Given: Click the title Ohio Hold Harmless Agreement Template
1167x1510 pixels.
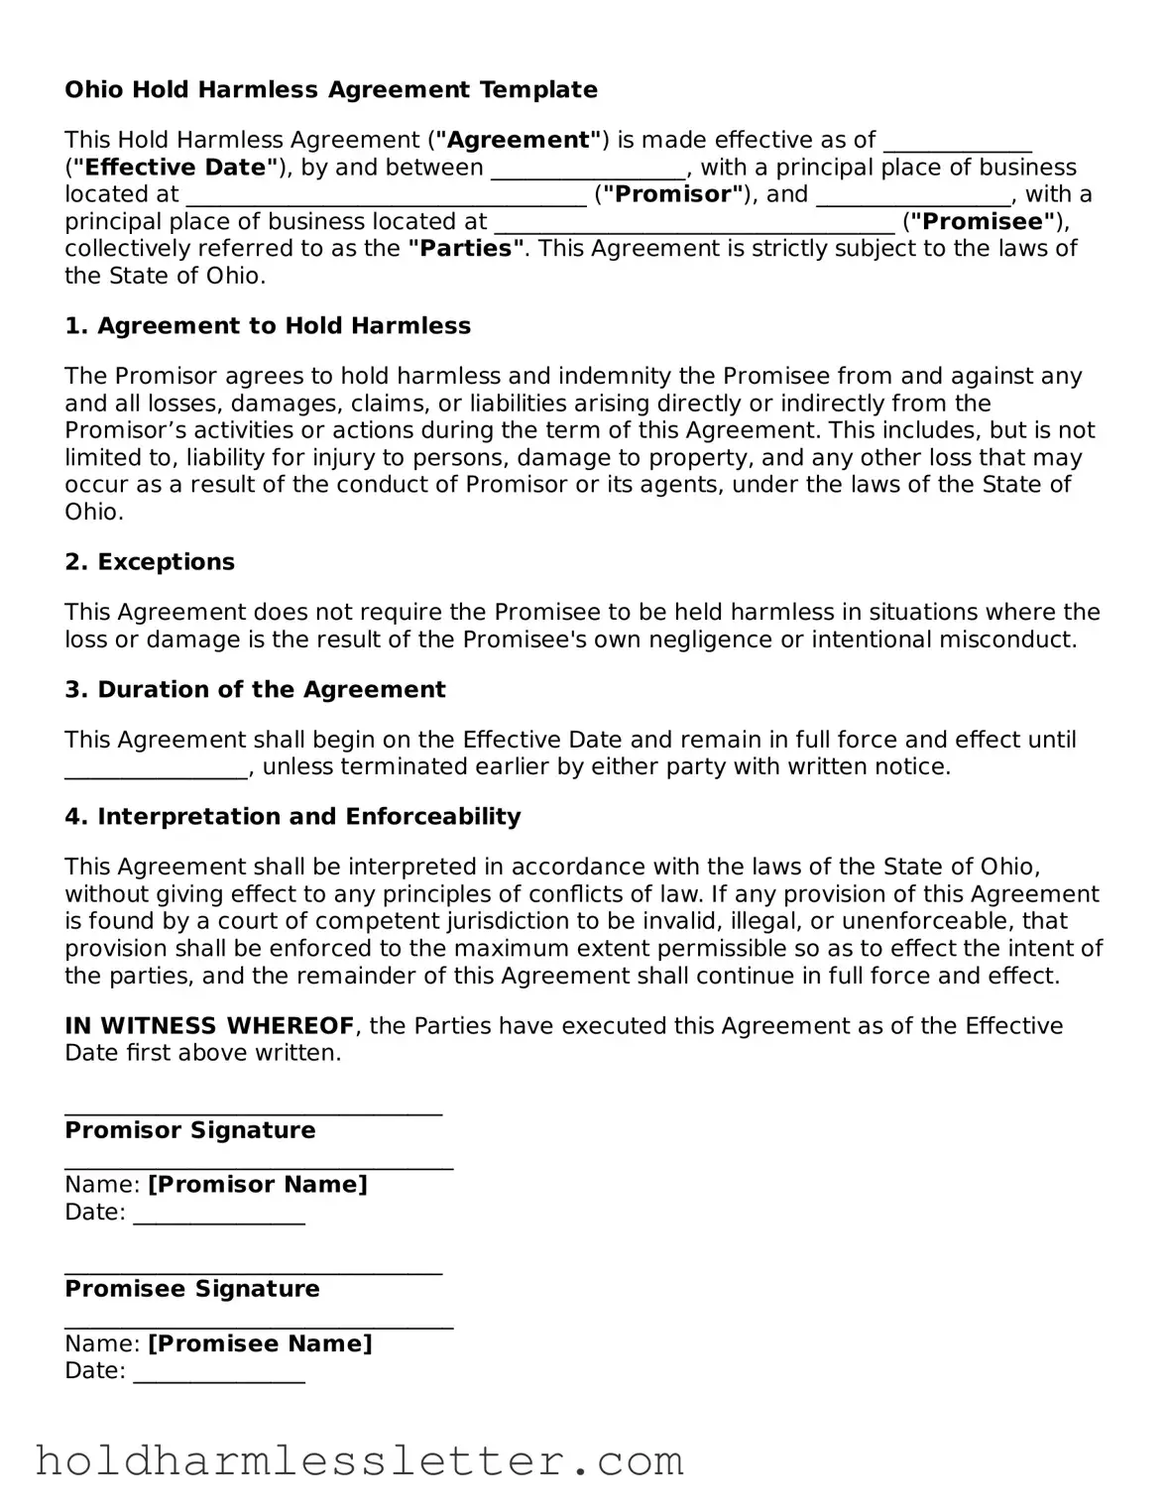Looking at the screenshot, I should pyautogui.click(x=331, y=90).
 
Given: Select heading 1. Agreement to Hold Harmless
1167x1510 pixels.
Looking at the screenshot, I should pyautogui.click(x=268, y=326).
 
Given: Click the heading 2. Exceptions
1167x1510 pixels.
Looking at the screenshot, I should pyautogui.click(x=150, y=562).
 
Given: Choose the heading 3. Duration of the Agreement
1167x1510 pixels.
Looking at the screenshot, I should pyautogui.click(x=255, y=690).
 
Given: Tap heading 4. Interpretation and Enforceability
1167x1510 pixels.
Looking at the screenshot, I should pyautogui.click(x=292, y=817).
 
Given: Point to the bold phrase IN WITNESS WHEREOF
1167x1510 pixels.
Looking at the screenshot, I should pyautogui.click(x=209, y=1026).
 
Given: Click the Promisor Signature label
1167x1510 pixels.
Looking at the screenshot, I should pyautogui.click(x=190, y=1130).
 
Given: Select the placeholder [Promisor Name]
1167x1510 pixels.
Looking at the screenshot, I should pyautogui.click(x=258, y=1185).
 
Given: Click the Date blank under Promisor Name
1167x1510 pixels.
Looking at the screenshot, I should pyautogui.click(x=218, y=1217).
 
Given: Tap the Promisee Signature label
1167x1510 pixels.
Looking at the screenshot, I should pyautogui.click(x=192, y=1289).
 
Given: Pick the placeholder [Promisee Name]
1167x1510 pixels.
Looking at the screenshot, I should pyautogui.click(x=260, y=1343).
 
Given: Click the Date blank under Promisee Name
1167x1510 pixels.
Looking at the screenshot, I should pyautogui.click(x=218, y=1375).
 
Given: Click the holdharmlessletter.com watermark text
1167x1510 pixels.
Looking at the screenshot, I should pyautogui.click(x=359, y=1461).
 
